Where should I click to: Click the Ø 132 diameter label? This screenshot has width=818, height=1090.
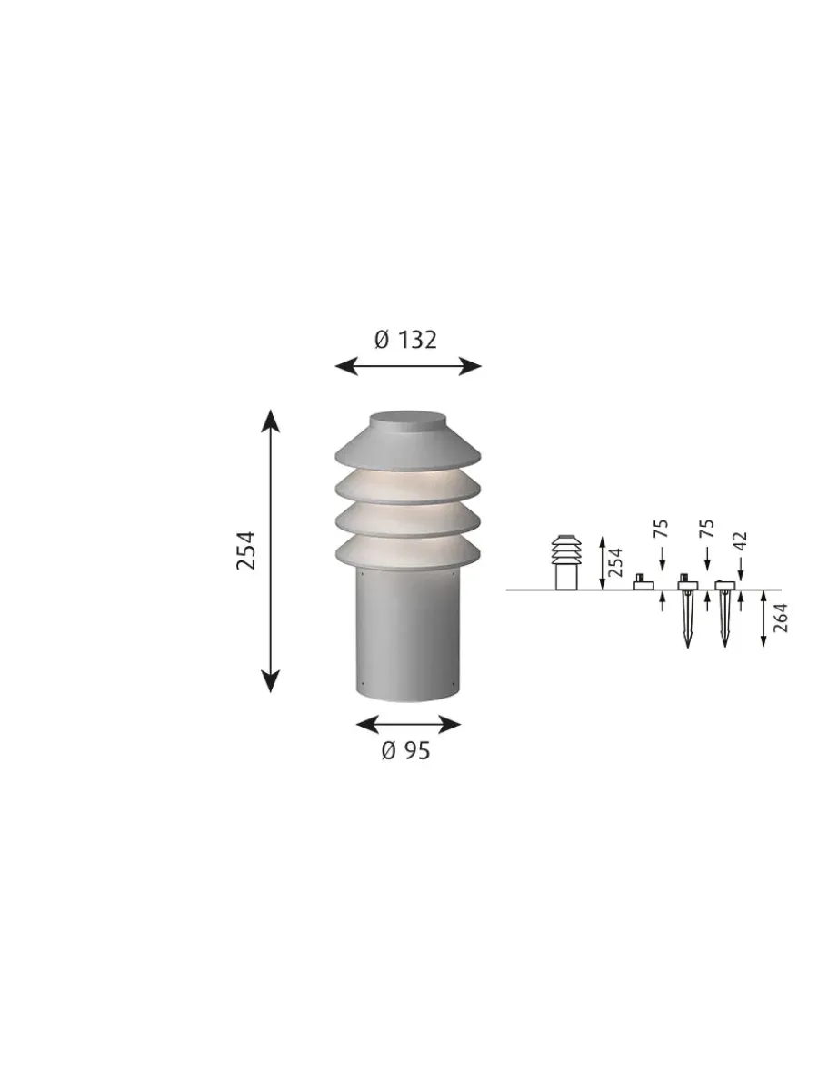click(405, 340)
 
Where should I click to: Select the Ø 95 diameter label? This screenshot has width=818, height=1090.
click(405, 750)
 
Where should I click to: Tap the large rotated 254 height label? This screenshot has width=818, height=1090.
click(246, 550)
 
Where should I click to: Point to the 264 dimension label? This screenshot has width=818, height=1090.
click(781, 618)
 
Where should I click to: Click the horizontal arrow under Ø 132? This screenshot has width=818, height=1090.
click(407, 366)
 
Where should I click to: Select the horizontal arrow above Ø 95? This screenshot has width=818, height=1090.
click(407, 724)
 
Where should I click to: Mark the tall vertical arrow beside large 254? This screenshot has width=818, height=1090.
click(270, 550)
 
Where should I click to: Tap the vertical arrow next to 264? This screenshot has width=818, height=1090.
click(763, 619)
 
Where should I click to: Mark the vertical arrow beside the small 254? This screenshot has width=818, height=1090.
click(601, 563)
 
